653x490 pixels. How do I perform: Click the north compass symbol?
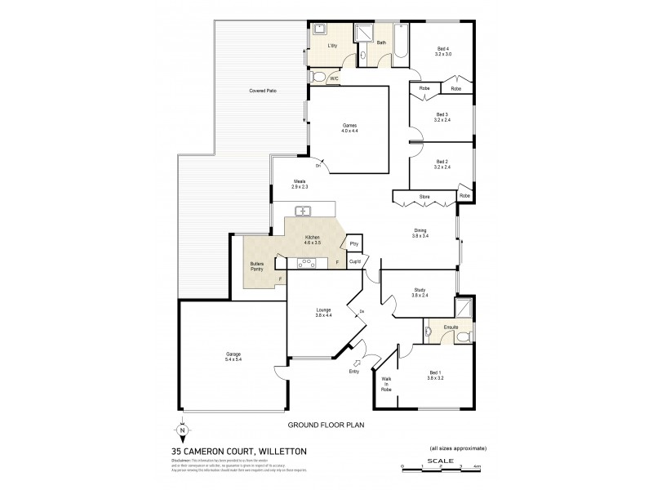pos(181,430)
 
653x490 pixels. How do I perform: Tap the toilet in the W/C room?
pos(320,78)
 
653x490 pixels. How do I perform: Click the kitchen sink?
pos(303,211)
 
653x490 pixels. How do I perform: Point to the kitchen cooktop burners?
pos(309,262)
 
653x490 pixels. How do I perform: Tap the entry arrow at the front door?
pos(356,363)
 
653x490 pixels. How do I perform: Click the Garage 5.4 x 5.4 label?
pos(233,355)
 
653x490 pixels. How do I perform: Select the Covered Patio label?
pos(262,91)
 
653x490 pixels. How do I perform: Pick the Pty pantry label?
pos(353,243)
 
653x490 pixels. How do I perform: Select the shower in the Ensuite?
pos(463,309)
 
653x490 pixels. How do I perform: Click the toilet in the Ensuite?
pos(464,336)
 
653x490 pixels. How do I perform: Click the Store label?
pos(424,197)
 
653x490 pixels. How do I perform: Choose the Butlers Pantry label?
pos(261,266)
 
